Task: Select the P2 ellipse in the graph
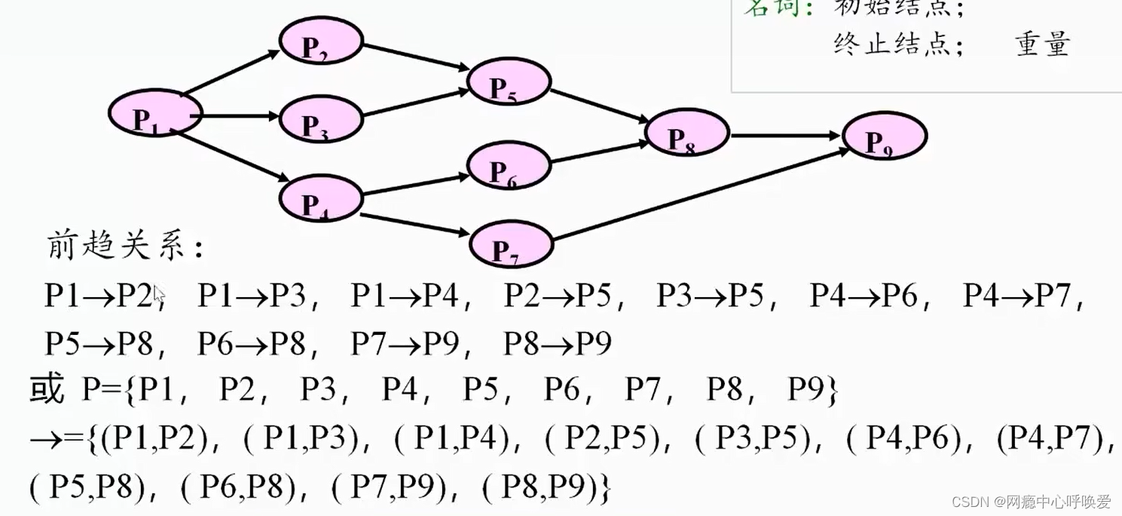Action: [321, 41]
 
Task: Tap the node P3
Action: [321, 119]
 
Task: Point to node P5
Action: [509, 82]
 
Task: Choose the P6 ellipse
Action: [509, 166]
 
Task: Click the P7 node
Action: [511, 244]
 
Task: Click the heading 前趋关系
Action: [124, 246]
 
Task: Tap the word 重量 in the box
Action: [1042, 44]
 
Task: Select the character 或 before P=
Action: [47, 391]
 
